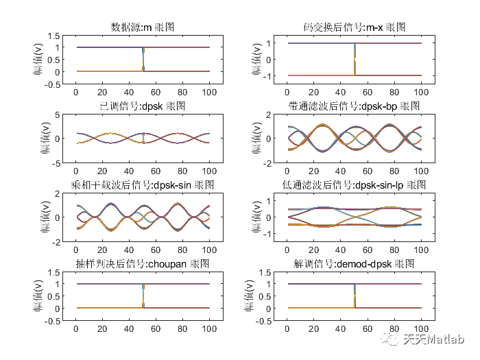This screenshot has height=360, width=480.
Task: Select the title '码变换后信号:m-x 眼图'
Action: click(x=354, y=27)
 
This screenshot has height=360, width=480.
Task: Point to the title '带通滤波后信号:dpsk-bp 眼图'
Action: click(x=354, y=106)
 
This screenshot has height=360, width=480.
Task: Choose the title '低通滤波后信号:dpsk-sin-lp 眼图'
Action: click(x=354, y=185)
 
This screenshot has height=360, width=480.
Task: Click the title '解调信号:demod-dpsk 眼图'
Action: click(x=354, y=264)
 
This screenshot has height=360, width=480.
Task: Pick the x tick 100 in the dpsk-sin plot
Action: click(x=209, y=250)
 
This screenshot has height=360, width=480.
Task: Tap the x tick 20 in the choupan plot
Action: click(x=103, y=328)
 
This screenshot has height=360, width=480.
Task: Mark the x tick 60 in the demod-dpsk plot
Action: click(x=368, y=328)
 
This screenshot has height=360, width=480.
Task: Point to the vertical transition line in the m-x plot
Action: click(x=355, y=60)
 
